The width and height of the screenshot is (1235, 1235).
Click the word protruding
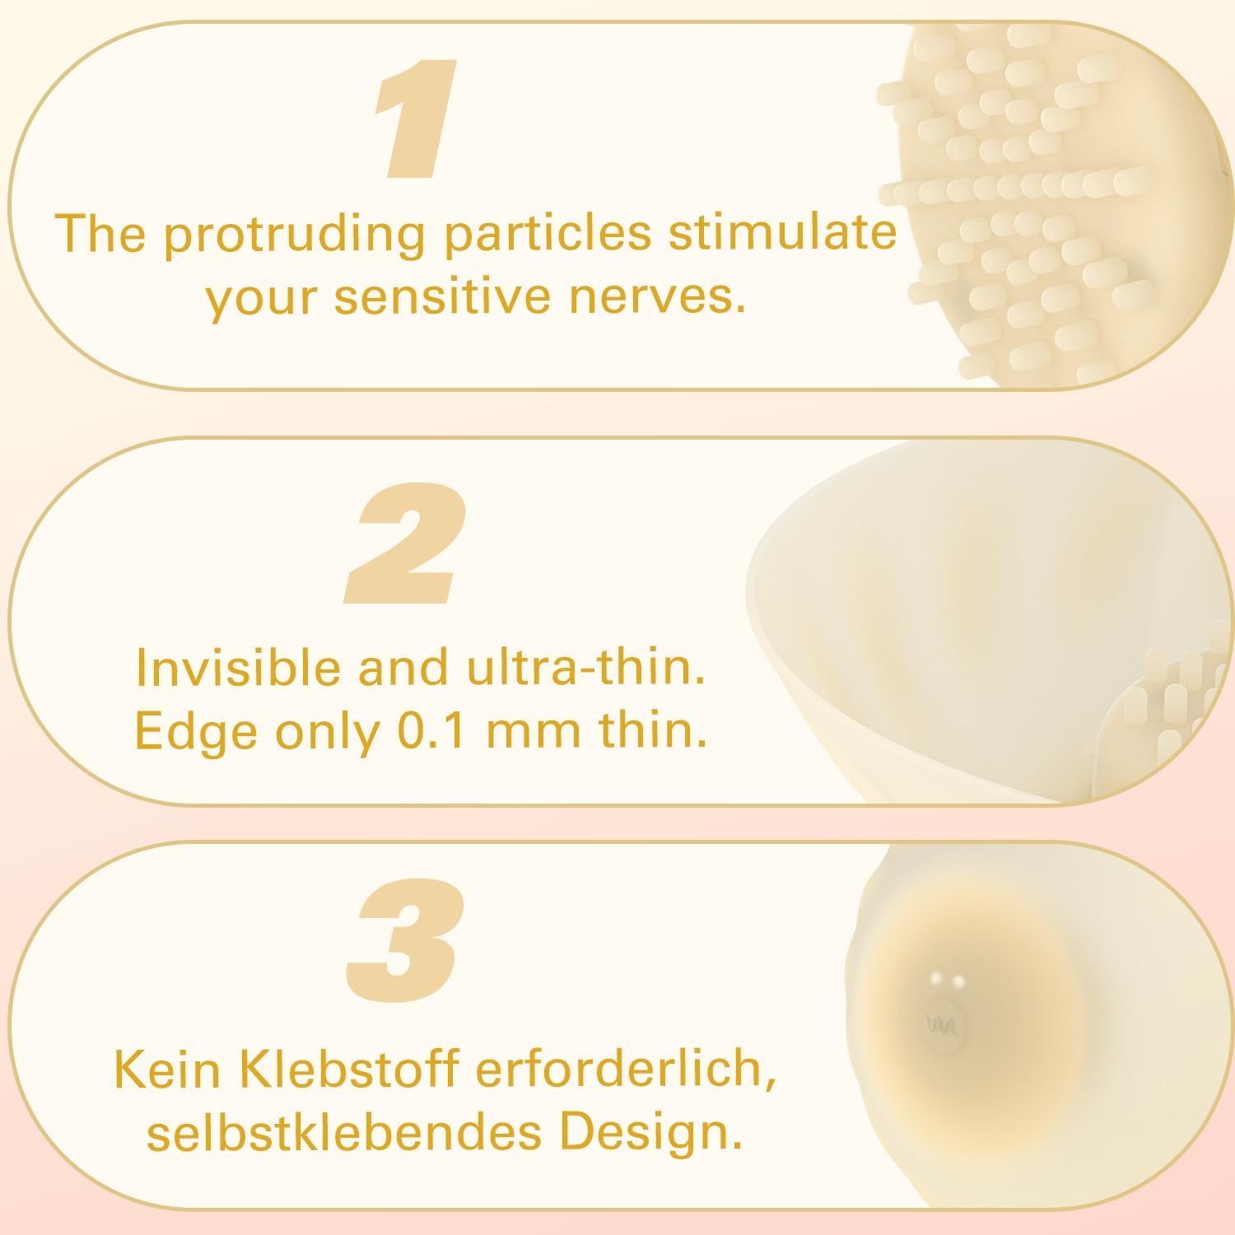tap(295, 235)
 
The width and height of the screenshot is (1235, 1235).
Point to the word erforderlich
tap(625, 1068)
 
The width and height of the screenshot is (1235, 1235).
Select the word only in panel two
tap(327, 730)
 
